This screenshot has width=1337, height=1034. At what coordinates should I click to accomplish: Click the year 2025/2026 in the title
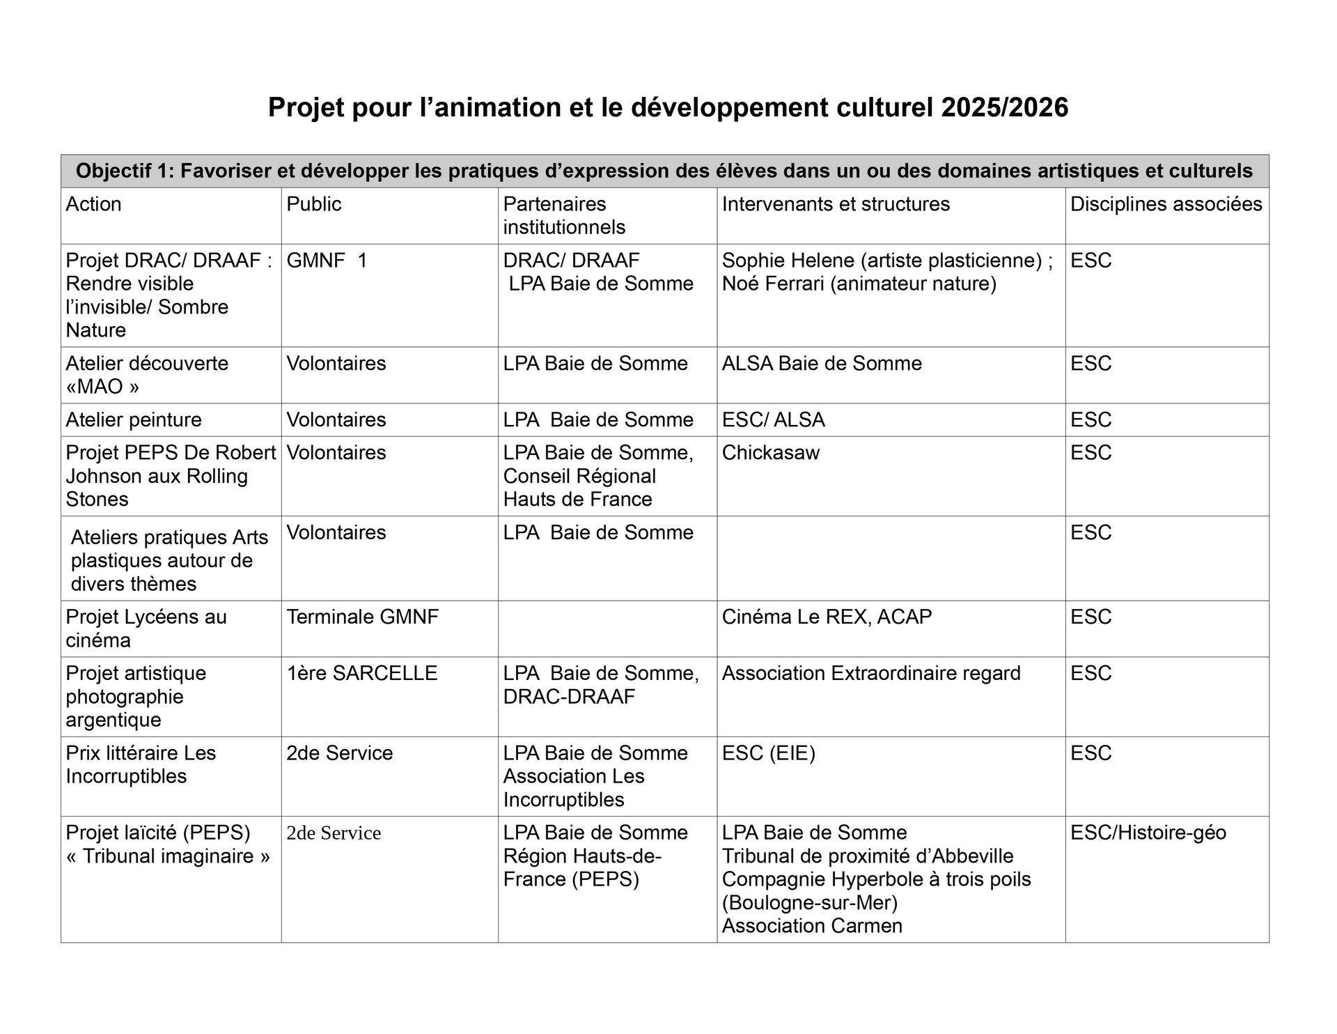pos(1004,108)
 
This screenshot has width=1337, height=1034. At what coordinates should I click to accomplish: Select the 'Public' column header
pos(313,204)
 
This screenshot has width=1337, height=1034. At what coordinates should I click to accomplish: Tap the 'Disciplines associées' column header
pos(1166,204)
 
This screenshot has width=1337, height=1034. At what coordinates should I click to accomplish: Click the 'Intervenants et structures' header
pos(836,204)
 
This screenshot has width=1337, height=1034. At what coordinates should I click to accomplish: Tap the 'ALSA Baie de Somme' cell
pos(822,364)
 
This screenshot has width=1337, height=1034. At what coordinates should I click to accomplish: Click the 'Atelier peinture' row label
pos(134,420)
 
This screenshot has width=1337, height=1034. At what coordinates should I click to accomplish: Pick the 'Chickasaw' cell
pos(771,453)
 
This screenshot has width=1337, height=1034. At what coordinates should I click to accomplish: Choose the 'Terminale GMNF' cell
pos(362,617)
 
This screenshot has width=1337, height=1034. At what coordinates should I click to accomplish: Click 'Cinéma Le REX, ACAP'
pos(827,617)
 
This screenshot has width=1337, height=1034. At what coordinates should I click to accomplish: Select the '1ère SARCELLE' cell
pos(361,674)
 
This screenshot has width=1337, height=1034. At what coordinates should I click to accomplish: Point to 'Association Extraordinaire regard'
pos(871,674)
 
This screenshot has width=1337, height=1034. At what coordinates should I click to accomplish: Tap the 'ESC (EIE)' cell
pos(768,753)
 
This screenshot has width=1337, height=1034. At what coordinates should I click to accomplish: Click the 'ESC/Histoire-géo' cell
pos(1148,833)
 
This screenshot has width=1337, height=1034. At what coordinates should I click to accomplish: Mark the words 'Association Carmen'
pos(812,926)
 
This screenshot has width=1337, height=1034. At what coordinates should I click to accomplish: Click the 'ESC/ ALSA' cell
pos(773,420)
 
